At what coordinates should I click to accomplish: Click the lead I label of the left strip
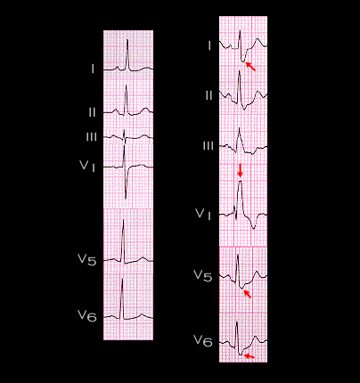tap(93, 69)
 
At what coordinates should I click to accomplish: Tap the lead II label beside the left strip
tap(92, 112)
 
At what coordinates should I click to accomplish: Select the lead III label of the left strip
tap(91, 137)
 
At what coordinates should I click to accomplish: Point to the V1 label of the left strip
tap(87, 166)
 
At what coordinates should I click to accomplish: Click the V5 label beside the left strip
tap(86, 259)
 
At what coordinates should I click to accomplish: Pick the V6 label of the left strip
tap(87, 315)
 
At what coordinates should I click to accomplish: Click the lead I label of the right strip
tap(209, 46)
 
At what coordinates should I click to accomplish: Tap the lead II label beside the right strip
tap(209, 95)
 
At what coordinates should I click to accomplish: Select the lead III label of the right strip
tap(209, 146)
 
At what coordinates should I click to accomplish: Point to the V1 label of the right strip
tap(203, 215)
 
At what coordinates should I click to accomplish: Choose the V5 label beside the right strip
tap(203, 275)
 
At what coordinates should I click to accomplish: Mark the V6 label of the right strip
tap(203, 341)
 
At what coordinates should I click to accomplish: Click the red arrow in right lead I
tap(250, 66)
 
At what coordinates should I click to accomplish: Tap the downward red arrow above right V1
tap(241, 171)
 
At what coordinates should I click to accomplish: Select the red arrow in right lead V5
tap(248, 294)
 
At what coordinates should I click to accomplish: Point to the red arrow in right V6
tap(249, 356)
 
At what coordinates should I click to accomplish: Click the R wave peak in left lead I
tap(127, 40)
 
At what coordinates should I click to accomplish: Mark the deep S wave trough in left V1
tap(126, 199)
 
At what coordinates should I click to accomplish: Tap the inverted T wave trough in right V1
tap(253, 228)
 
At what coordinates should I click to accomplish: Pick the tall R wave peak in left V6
tap(122, 279)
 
